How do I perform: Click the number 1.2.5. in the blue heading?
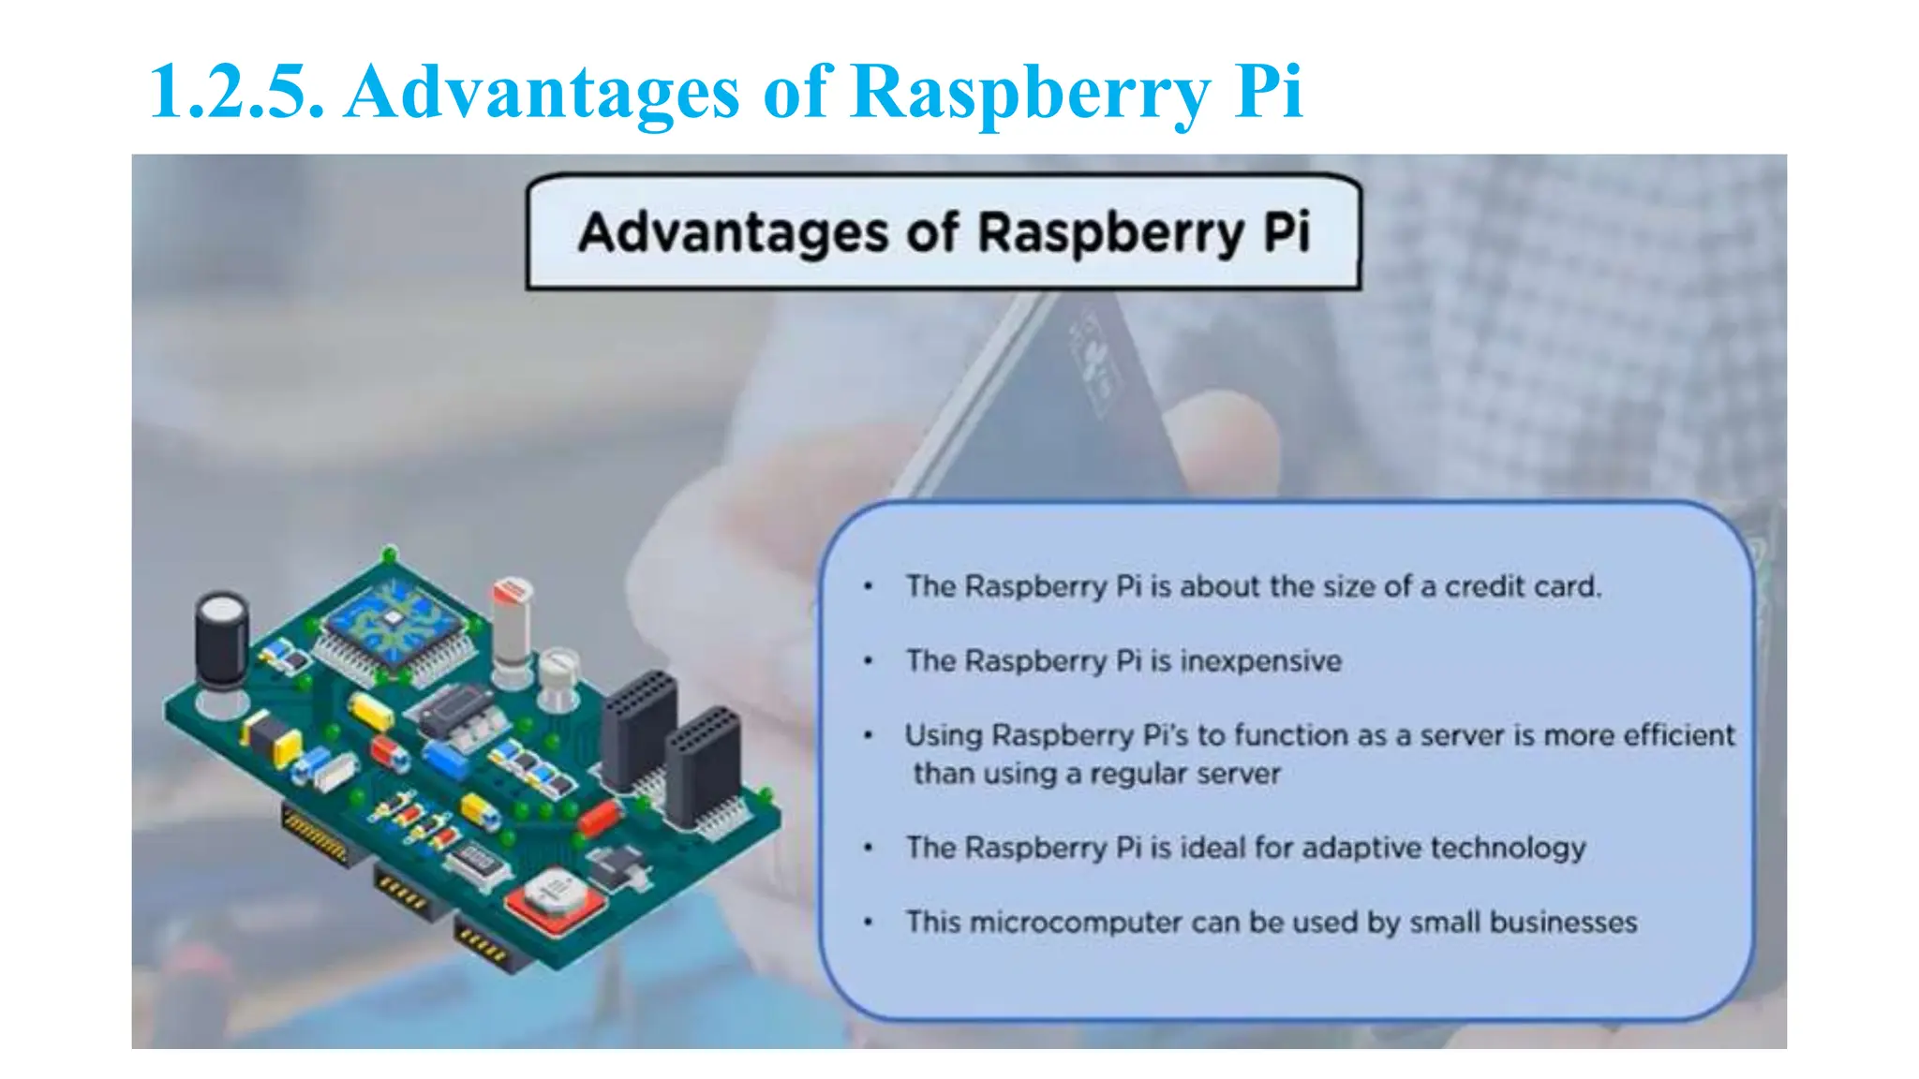237,92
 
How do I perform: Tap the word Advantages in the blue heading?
542,92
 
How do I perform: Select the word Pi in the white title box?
1286,231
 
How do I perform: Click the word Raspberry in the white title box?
1109,233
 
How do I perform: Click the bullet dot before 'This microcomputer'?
869,923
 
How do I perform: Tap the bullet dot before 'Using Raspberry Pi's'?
869,735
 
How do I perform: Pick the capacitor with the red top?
513,618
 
